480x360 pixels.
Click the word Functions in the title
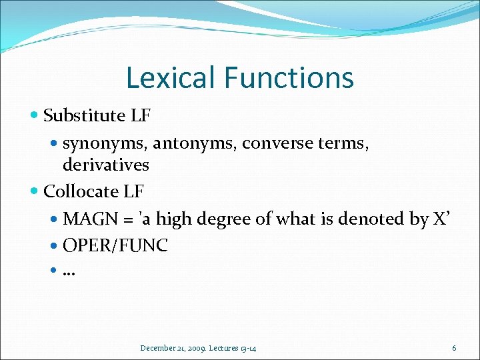coord(289,77)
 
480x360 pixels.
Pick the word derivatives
coord(105,164)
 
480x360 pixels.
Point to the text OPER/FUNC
coord(115,246)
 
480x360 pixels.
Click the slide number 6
coord(454,348)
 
